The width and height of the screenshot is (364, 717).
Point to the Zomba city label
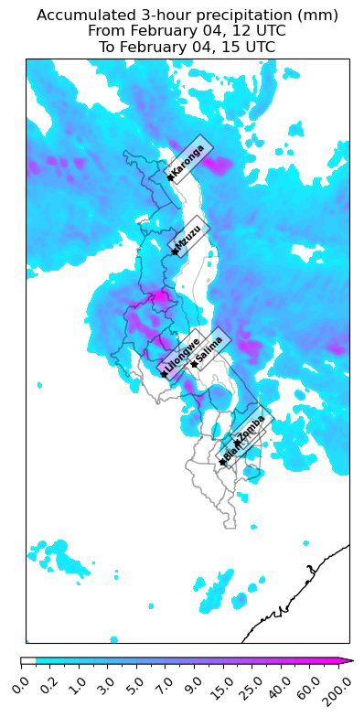pos(252,426)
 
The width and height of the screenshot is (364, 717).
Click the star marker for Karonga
pos(170,177)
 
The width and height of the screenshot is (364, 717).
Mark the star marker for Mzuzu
pos(175,251)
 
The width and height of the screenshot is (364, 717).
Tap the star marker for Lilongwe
pos(164,373)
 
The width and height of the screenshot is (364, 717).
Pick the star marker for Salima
pos(194,364)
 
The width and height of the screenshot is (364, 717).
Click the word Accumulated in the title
pos(82,16)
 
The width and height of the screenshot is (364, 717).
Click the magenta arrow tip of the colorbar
pos(350,660)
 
